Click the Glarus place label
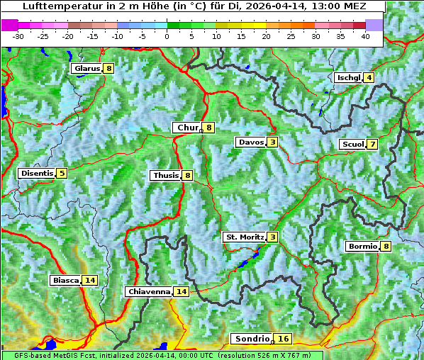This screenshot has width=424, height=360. (x=86, y=69)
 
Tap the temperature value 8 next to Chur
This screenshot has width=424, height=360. (x=209, y=128)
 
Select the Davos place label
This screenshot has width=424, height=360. (x=251, y=142)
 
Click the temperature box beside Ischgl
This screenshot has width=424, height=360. (x=369, y=77)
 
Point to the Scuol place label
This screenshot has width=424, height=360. (x=352, y=145)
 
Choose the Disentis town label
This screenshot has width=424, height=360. (x=36, y=173)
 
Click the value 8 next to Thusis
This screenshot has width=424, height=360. (x=187, y=175)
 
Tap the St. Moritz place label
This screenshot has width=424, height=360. (x=244, y=237)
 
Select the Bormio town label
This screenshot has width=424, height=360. (x=362, y=247)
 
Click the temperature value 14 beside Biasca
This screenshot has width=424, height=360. (x=89, y=281)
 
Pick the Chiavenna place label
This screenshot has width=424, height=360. (x=148, y=291)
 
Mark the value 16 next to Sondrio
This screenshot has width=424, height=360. (x=284, y=339)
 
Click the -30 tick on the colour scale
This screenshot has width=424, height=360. (x=18, y=35)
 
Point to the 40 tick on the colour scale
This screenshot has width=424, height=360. (x=365, y=35)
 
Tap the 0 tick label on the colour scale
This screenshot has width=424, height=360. (x=167, y=35)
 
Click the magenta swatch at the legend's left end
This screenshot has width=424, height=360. (x=9, y=25)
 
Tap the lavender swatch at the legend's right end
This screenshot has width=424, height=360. (x=374, y=25)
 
